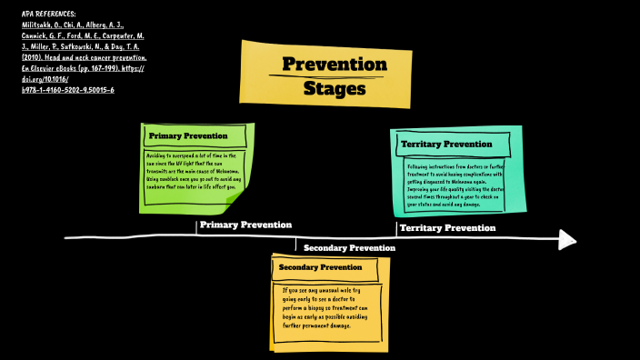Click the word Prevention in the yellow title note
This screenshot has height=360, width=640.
tap(334, 65)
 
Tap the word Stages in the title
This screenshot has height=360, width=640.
tap(335, 89)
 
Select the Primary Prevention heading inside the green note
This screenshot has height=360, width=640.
tap(188, 136)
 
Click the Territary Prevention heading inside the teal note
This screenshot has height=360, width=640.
tap(446, 144)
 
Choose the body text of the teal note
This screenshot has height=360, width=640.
tap(455, 185)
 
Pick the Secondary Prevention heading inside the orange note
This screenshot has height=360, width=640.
tap(320, 267)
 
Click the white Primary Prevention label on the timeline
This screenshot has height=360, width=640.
tap(245, 225)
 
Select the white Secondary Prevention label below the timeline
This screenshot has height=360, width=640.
tap(349, 247)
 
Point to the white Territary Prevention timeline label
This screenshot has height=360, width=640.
tap(447, 227)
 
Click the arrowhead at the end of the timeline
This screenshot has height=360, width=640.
tap(567, 239)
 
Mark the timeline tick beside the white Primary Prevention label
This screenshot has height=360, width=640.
tap(196, 228)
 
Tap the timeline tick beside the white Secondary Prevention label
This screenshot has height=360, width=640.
tap(295, 245)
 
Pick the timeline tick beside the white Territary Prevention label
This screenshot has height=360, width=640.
tap(396, 229)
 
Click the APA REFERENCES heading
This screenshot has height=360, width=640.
tap(49, 14)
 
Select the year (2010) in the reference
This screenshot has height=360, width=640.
tap(35, 56)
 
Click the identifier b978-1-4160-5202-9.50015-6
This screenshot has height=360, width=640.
tap(67, 90)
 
